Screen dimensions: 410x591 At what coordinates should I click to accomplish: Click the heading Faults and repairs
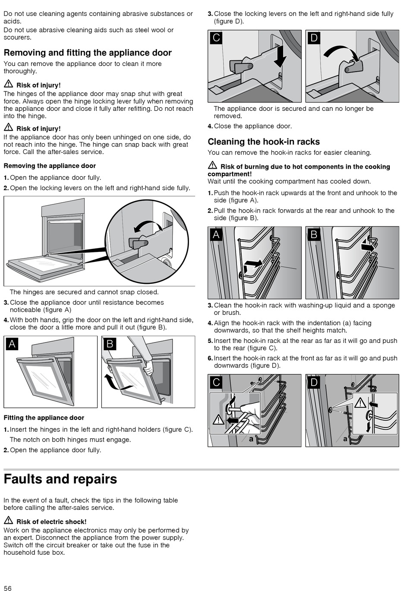pos(60,479)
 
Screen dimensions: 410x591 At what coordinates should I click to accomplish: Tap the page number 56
pos(7,588)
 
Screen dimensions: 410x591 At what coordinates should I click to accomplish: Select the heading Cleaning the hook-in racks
pos(264,142)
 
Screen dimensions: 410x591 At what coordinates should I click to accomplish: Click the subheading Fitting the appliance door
pos(44,418)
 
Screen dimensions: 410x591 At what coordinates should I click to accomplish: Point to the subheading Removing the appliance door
pos(50,166)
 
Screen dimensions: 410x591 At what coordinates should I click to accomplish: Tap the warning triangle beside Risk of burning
pos(212,165)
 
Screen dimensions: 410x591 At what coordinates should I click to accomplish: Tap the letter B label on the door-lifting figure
pos(110,344)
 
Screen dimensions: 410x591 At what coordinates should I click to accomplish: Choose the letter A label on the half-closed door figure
pos(12,344)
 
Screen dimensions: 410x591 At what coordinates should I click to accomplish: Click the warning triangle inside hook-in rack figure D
pos(360,403)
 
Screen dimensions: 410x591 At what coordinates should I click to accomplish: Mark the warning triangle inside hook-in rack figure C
pos(218,419)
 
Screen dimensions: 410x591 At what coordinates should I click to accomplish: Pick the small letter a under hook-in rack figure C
pos(251,439)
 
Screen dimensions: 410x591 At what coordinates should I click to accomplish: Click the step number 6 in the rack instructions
pos(210,358)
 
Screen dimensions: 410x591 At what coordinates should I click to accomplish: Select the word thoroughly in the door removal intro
pos(20,71)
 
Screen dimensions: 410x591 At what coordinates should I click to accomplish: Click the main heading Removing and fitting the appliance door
pos(88,53)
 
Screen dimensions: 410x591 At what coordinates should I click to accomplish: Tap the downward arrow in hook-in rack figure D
pos(368,427)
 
